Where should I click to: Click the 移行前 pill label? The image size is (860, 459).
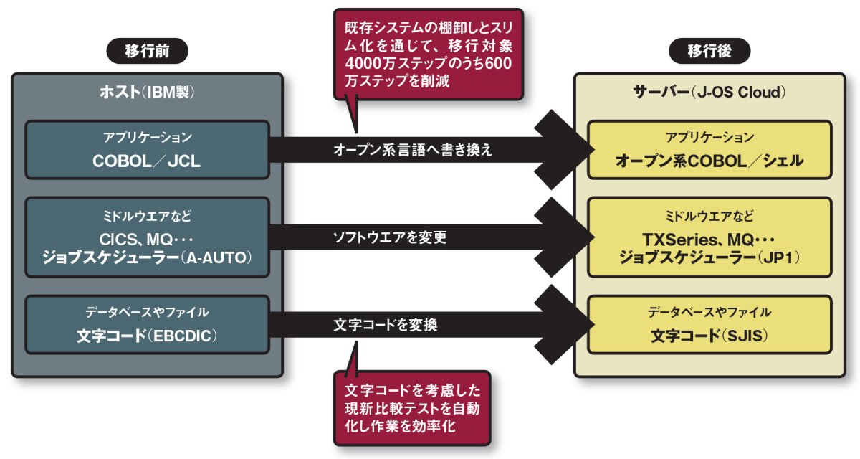click(147, 51)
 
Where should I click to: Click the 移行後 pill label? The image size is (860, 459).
click(709, 51)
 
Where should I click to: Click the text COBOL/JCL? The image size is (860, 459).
click(147, 161)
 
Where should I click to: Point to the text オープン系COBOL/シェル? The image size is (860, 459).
click(709, 161)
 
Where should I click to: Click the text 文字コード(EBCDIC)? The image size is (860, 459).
click(147, 336)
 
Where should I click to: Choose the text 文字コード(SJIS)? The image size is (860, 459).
click(709, 336)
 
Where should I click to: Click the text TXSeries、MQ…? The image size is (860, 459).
click(709, 238)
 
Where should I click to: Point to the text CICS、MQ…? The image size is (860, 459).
click(147, 238)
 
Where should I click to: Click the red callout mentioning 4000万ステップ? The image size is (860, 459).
click(428, 55)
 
